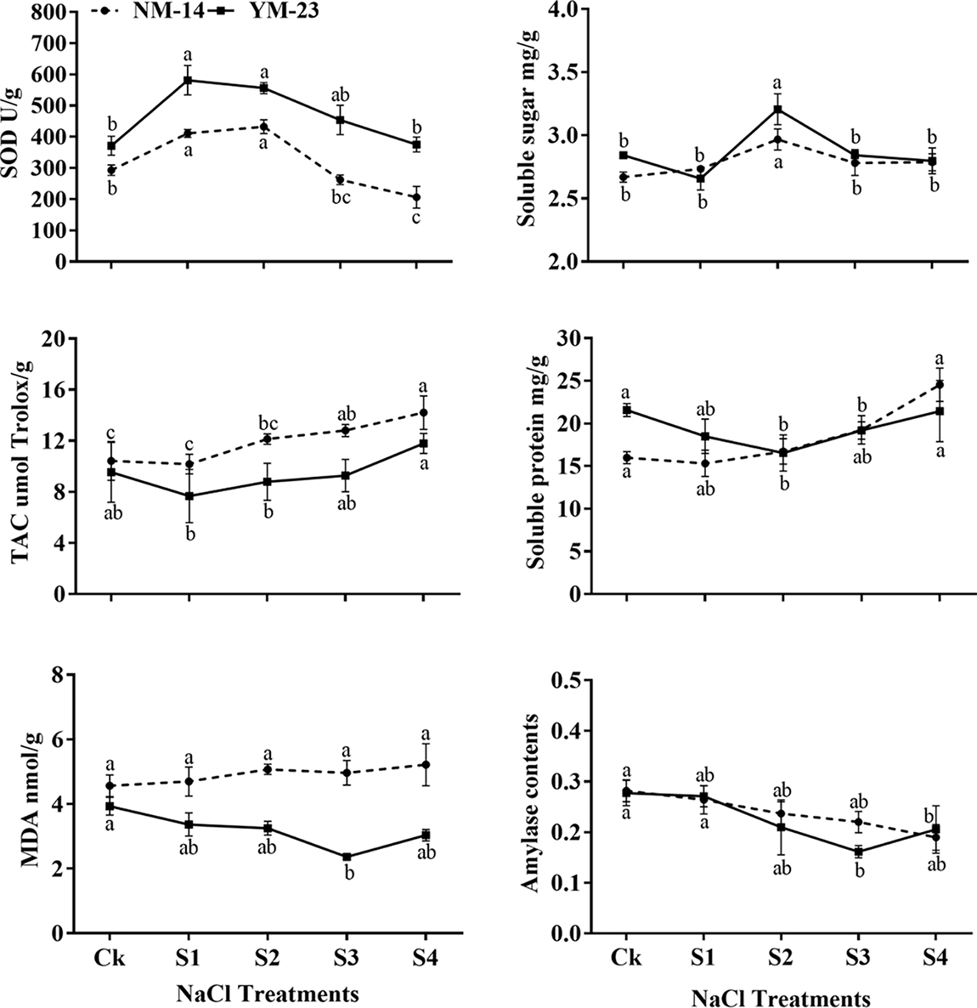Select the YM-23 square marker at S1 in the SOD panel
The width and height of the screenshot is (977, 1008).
click(188, 81)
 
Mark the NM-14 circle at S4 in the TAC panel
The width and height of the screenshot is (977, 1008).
click(422, 412)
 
